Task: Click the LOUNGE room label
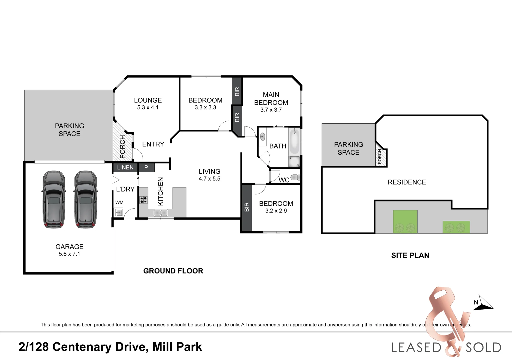(x=148, y=100)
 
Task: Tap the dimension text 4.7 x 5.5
(x=209, y=179)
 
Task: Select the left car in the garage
(x=54, y=200)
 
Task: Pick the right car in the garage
(x=86, y=200)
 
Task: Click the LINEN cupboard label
(x=125, y=168)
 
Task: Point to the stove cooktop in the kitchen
(x=143, y=200)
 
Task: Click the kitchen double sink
(x=161, y=213)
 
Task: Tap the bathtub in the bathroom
(x=294, y=141)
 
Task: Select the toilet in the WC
(x=295, y=178)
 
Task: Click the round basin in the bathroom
(x=263, y=137)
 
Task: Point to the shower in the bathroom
(x=294, y=162)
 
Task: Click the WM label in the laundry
(x=119, y=202)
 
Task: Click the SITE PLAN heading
(x=410, y=255)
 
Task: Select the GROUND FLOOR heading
(x=173, y=271)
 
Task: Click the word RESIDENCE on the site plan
(x=407, y=182)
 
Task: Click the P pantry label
(x=146, y=168)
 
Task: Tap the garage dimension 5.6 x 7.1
(x=70, y=254)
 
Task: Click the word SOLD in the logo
(x=483, y=348)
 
